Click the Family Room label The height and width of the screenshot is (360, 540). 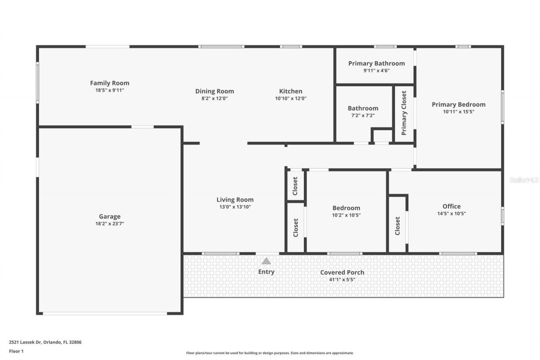pos(110,83)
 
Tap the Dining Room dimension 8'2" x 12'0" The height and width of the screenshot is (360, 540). pos(214,98)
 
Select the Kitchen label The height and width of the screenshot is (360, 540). pos(291,91)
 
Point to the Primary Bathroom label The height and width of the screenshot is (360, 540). pos(376,63)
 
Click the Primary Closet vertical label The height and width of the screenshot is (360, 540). pos(404,113)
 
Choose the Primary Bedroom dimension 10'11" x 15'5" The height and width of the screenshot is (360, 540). pos(458,112)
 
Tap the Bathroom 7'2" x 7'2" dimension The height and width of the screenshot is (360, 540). pos(363,115)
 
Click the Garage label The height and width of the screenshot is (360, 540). pos(110,217)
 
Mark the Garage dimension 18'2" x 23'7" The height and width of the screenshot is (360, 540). pos(110,224)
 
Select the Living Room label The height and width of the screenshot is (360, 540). pos(235,200)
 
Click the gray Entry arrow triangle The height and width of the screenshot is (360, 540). pos(266,261)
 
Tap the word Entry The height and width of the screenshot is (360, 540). pos(266,272)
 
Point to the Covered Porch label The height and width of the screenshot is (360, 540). pos(342,272)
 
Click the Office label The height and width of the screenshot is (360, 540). pos(451,206)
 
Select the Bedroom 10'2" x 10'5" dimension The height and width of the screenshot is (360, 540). pos(346,215)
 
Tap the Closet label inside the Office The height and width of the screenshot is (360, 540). pos(397,226)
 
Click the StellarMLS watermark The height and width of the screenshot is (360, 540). pos(524,180)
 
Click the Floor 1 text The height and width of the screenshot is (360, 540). pos(16,351)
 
